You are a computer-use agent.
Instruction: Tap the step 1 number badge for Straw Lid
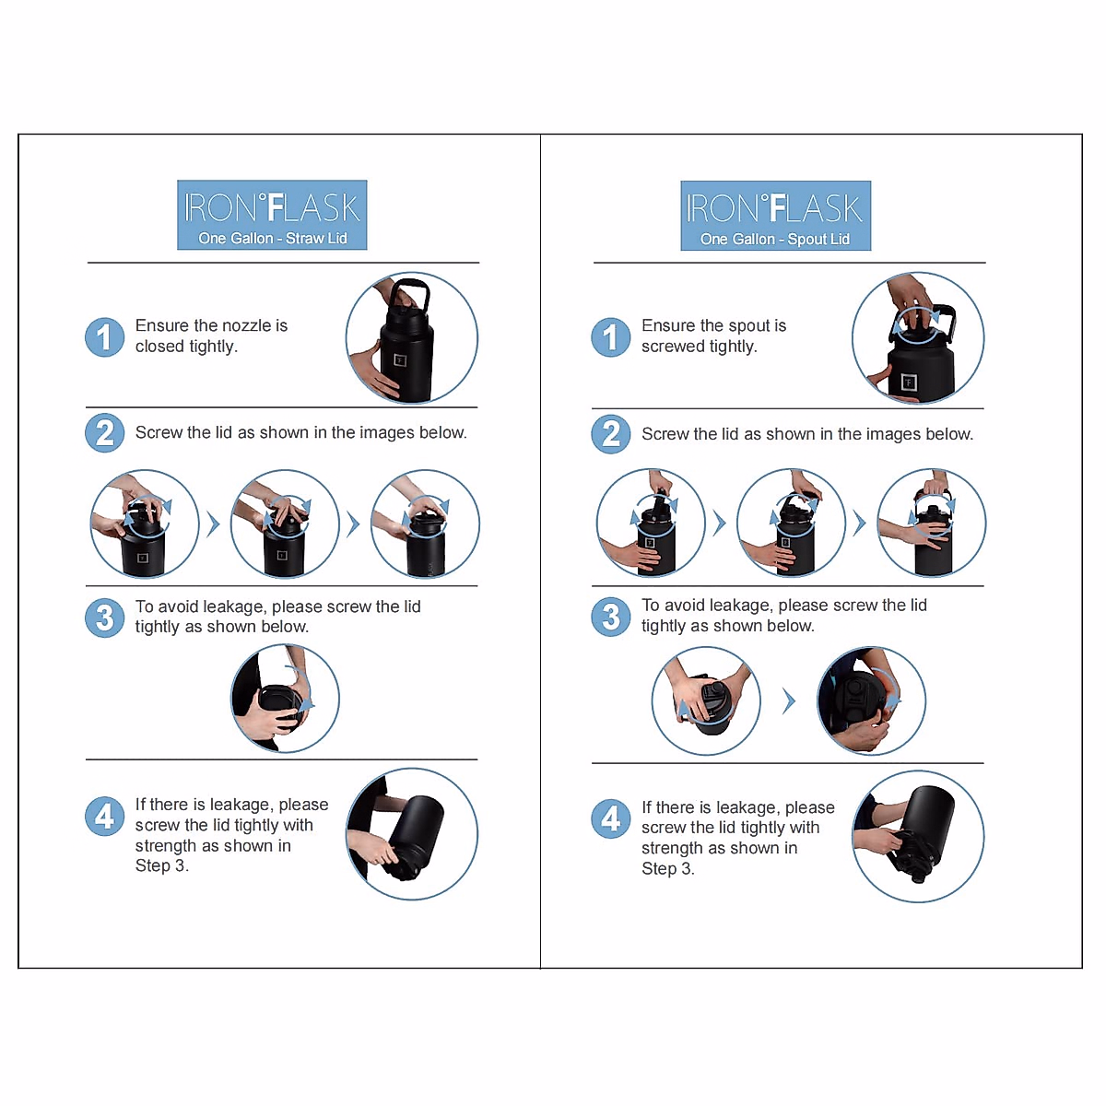pos(104,337)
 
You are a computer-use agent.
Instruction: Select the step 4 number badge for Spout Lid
pos(611,818)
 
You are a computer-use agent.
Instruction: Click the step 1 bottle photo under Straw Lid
pos(411,337)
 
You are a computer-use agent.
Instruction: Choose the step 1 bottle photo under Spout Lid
pos(918,337)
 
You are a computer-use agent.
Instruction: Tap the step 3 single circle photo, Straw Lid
pos(285,698)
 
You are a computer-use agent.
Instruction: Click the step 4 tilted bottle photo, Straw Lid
pos(411,834)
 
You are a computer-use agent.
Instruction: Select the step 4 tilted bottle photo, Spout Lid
pos(918,836)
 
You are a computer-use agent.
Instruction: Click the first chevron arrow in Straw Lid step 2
pos(214,524)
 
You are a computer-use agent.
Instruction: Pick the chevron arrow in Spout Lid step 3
pos(789,700)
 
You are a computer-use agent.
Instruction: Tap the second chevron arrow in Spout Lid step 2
pos(859,523)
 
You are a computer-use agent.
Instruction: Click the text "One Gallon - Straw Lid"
pos(273,238)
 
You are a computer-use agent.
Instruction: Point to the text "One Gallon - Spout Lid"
pos(775,239)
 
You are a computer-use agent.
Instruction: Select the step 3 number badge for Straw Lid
pos(104,618)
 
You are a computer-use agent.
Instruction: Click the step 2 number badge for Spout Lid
pos(611,434)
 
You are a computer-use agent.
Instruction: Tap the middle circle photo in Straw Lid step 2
pos(285,524)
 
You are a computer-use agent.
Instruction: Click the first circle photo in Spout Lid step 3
pos(706,700)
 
